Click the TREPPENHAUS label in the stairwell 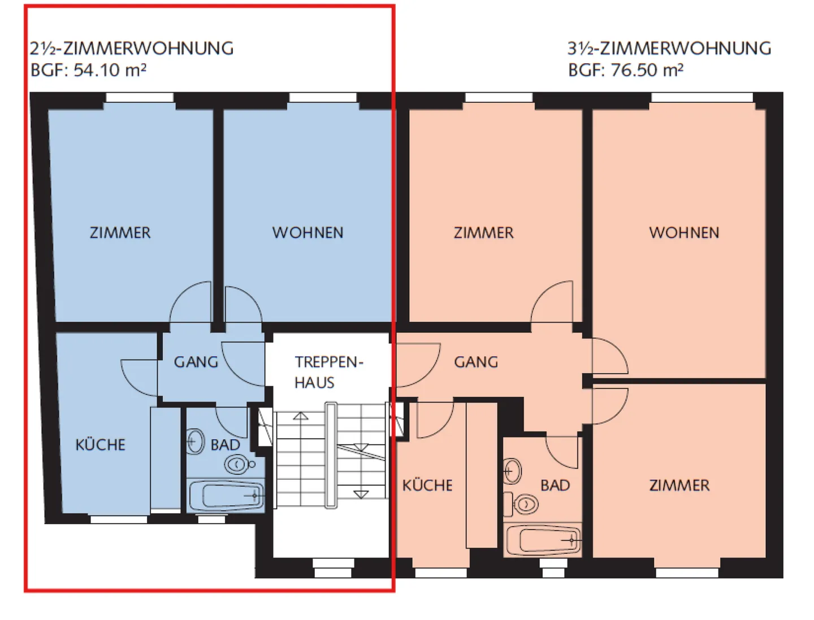328,372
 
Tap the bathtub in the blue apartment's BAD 226,496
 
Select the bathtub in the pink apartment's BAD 543,540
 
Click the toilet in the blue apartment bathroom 238,465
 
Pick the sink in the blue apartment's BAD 196,441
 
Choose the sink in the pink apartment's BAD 512,471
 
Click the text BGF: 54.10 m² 89,70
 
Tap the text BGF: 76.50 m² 626,70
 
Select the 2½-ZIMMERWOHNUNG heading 132,49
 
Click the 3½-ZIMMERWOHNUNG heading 669,49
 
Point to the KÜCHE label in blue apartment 101,445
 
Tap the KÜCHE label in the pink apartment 427,485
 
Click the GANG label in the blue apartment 196,362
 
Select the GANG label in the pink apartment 476,362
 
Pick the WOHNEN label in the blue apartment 308,233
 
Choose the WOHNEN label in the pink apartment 684,233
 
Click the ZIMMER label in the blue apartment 120,233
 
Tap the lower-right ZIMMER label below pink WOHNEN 679,485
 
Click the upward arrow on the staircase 301,417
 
